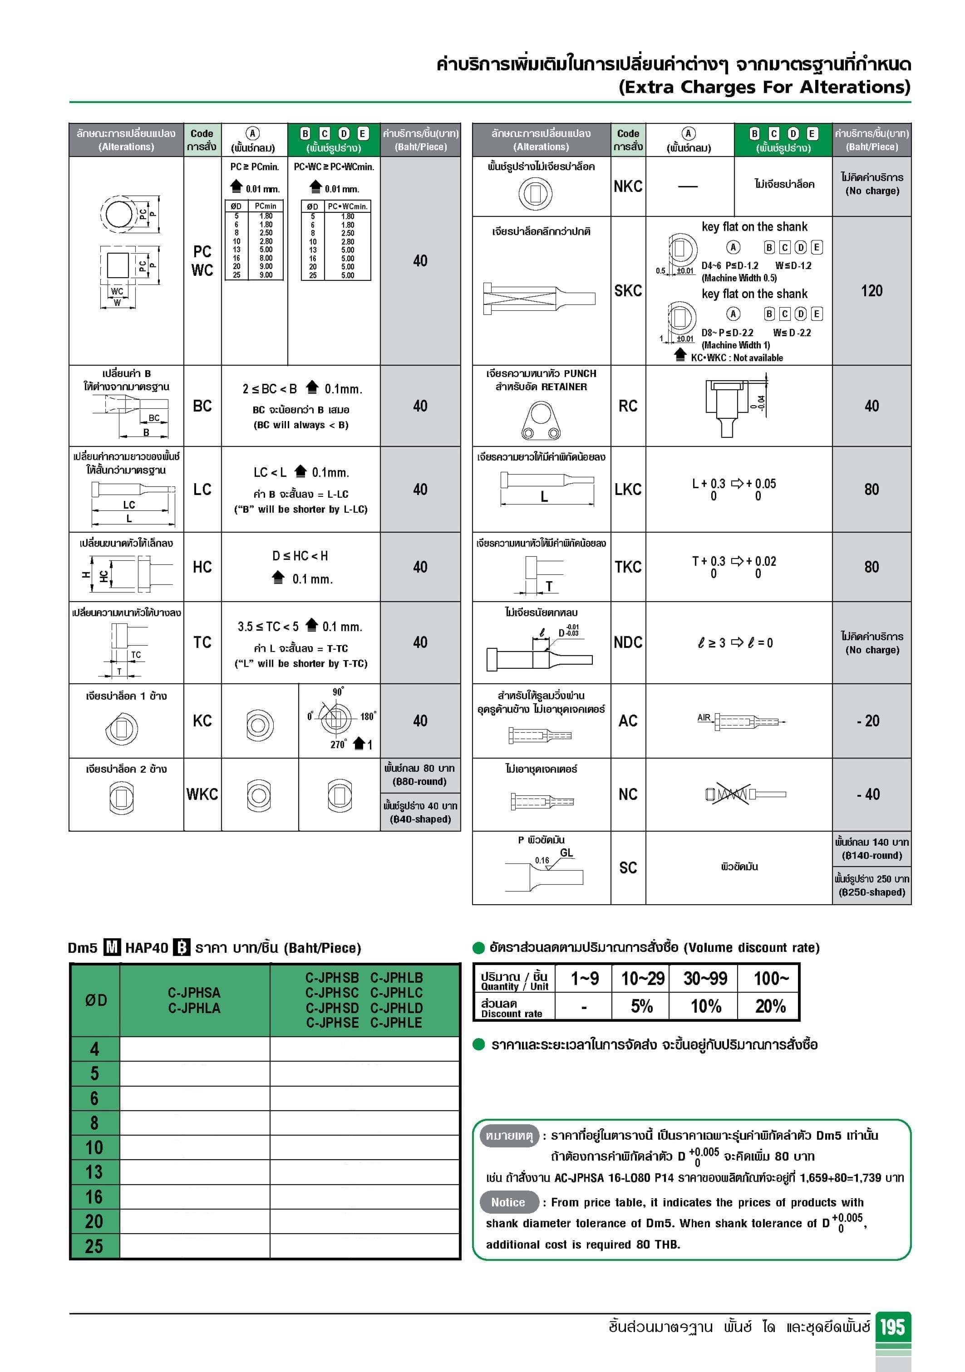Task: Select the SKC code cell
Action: click(628, 291)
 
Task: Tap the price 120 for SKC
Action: click(871, 291)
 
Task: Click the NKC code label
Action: click(628, 186)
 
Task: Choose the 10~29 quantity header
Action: click(643, 978)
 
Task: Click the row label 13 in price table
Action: click(94, 1172)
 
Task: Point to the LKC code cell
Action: click(628, 490)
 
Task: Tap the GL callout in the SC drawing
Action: click(566, 853)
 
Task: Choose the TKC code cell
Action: click(628, 567)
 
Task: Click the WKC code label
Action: click(202, 794)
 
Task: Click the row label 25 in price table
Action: click(94, 1246)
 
